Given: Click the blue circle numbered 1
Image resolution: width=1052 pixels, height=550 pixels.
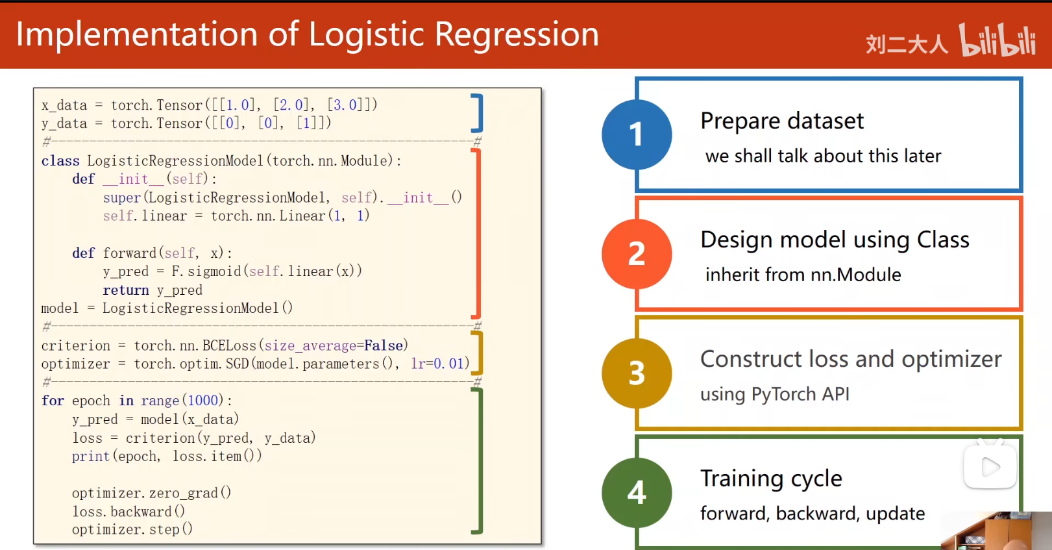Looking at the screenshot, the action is point(637,134).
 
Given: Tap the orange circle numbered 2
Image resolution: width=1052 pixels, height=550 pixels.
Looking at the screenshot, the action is point(637,254).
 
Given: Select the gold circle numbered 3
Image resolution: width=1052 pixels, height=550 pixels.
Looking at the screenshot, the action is point(637,373).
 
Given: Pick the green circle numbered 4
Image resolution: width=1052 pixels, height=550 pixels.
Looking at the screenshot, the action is point(637,493).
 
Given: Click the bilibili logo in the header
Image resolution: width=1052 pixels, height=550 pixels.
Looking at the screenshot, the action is point(997,40).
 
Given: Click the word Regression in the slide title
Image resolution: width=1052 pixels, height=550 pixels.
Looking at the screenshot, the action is point(517,36).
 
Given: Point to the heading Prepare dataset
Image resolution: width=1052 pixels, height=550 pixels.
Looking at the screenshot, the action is point(782,121).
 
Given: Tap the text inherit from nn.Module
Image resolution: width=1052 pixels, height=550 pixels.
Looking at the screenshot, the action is point(803,275).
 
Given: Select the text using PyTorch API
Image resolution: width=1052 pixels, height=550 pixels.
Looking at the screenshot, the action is point(775,394).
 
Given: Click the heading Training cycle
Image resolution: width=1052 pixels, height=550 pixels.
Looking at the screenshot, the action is point(771,479).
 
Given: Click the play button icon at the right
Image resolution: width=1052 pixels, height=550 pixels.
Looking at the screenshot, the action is point(990,467).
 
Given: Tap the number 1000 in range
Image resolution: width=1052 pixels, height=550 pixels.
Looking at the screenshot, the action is point(203,401).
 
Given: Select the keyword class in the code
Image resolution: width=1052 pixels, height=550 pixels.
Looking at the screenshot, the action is point(60,161).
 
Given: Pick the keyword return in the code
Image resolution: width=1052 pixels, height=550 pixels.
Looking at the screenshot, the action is point(126,290).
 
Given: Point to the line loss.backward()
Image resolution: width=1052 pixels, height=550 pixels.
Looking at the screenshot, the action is point(128,512).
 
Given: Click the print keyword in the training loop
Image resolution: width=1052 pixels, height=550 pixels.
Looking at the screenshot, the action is point(91,456).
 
